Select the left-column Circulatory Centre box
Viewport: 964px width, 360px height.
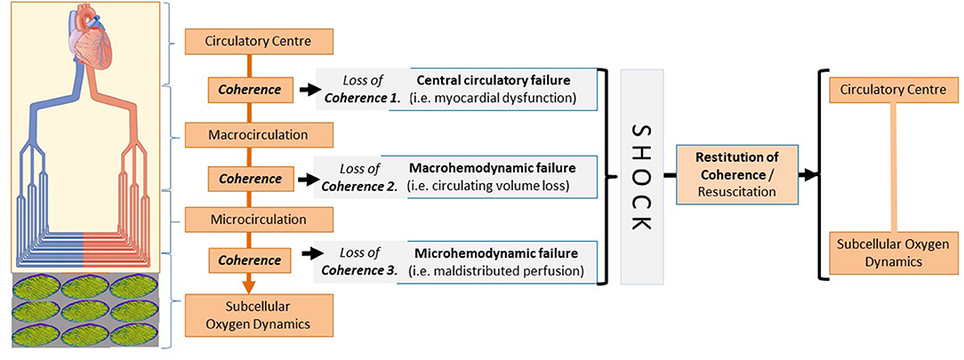tap(256, 41)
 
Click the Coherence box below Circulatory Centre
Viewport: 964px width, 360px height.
tap(244, 90)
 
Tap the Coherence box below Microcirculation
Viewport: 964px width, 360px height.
tap(244, 261)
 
